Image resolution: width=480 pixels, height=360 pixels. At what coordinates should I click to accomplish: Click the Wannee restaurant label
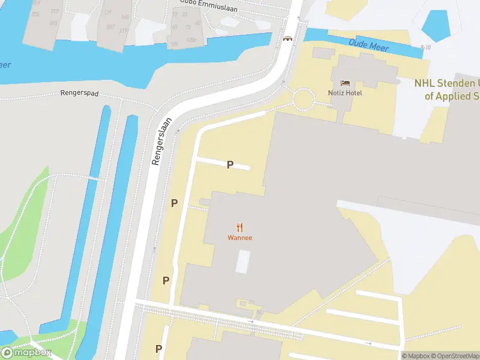click(x=239, y=238)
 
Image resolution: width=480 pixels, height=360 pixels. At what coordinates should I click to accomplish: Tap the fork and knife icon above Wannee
click(x=239, y=227)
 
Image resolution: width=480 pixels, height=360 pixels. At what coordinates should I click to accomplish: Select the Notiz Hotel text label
click(x=345, y=92)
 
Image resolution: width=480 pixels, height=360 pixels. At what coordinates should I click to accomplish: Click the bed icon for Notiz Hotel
click(x=345, y=83)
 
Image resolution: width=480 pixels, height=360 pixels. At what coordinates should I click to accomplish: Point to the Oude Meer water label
click(x=369, y=46)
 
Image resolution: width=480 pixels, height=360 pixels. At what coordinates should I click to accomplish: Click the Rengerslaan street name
click(x=162, y=141)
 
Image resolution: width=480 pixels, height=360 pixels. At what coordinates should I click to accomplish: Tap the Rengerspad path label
click(x=79, y=94)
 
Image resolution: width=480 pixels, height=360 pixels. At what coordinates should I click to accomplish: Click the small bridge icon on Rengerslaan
click(x=288, y=38)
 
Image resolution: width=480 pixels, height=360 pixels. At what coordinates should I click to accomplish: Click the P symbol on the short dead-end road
click(x=229, y=164)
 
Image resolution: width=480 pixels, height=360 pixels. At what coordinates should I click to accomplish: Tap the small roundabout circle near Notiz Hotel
click(x=303, y=98)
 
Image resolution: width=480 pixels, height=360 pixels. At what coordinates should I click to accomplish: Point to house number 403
click(x=53, y=23)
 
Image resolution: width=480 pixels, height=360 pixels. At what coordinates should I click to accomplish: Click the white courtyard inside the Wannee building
click(x=242, y=262)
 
